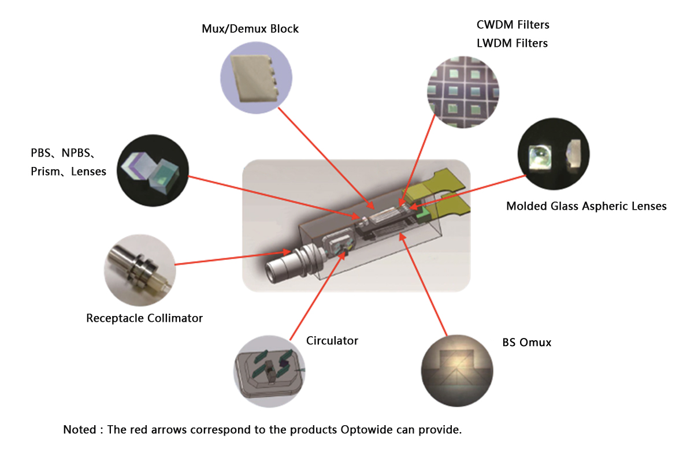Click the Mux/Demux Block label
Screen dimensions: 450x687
tap(250, 28)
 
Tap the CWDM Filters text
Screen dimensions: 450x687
tap(513, 25)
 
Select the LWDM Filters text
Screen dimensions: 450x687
tap(512, 43)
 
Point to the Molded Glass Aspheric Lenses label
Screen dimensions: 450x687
tap(586, 206)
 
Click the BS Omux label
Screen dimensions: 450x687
tap(526, 343)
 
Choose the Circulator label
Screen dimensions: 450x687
tap(332, 341)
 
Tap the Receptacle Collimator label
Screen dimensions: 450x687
tap(144, 318)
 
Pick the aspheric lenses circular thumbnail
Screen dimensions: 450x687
tap(554, 154)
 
